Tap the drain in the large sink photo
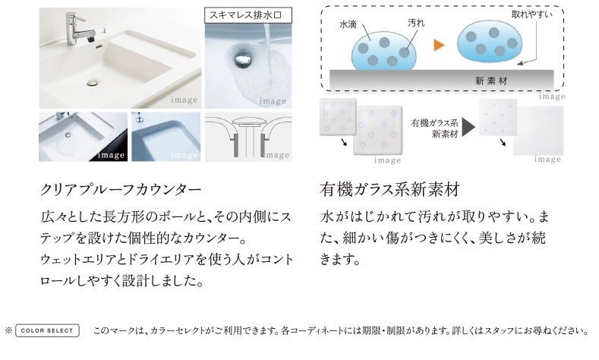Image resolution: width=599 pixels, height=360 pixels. coord(93,82)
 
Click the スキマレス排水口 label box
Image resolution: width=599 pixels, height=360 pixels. coord(248,15)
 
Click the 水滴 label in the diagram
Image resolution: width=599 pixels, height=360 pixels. coord(348,24)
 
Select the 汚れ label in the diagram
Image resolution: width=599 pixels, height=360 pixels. coord(416,23)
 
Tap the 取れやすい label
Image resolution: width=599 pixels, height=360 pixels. coord(532,14)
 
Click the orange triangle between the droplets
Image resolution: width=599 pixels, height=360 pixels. coord(439,46)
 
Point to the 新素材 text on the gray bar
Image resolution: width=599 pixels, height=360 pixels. coord(491,81)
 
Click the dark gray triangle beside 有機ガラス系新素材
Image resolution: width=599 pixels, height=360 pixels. coord(468,128)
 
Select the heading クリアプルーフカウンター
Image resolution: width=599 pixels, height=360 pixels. coord(121,190)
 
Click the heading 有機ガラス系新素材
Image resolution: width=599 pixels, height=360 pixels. coord(390,190)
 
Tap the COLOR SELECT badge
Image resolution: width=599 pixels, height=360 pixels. coord(47,330)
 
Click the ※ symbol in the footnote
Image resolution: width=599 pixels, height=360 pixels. coord(8,330)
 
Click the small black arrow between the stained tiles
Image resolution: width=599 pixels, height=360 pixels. coord(344,142)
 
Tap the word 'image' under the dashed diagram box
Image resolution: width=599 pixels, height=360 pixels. coord(552,96)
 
